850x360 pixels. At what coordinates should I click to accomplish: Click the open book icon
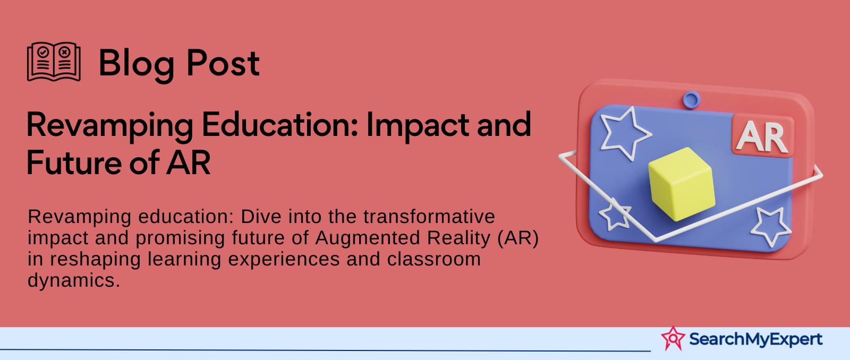pos(54,62)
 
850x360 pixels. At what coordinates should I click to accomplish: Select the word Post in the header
pos(223,63)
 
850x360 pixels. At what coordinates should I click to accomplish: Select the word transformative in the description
pos(429,217)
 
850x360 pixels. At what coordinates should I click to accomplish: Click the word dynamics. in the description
pos(74,281)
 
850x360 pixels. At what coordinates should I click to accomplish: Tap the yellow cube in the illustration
pos(682,184)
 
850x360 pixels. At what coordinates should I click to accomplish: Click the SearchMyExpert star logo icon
pos(673,338)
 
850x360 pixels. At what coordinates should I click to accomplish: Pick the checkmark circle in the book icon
pos(43,51)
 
